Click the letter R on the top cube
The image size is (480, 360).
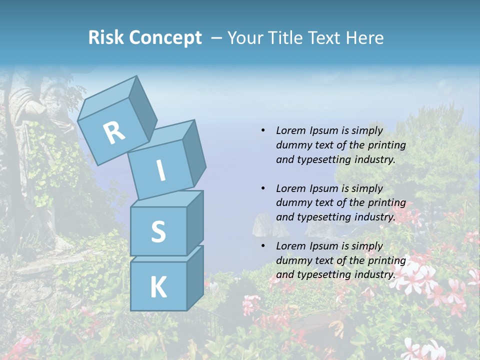[x=114, y=133]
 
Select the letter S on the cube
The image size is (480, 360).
[x=158, y=232]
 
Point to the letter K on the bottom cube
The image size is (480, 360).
[x=158, y=287]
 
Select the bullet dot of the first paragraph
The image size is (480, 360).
[x=263, y=130]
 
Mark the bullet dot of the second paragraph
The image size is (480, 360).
[x=263, y=188]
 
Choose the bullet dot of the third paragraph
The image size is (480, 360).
[x=263, y=246]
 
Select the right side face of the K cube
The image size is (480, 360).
[x=194, y=277]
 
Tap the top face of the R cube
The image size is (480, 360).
[x=107, y=97]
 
